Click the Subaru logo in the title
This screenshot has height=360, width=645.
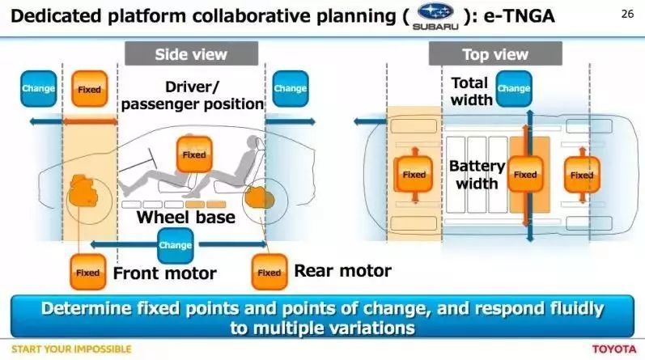click(435, 16)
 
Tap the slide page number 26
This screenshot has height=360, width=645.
click(627, 14)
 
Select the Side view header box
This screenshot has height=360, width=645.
click(191, 53)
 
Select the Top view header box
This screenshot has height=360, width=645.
click(495, 53)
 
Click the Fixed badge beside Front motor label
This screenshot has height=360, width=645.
click(88, 272)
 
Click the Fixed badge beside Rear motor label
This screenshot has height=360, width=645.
click(269, 272)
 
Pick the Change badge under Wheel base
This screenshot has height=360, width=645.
click(176, 246)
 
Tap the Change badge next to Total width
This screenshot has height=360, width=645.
click(514, 89)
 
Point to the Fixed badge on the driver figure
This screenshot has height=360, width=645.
click(194, 155)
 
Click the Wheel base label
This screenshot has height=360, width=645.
click(186, 218)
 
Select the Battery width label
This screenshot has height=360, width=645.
click(477, 175)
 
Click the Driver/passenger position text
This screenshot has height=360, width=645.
click(193, 95)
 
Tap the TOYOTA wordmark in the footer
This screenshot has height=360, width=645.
click(614, 349)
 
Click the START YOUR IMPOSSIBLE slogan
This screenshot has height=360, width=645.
click(71, 349)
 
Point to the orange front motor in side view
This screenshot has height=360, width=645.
click(84, 191)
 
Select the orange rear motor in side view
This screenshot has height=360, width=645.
click(259, 198)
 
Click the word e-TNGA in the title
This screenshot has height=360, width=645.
click(519, 16)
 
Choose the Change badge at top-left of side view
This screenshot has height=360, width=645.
click(38, 89)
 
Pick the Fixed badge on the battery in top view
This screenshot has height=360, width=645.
click(525, 175)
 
